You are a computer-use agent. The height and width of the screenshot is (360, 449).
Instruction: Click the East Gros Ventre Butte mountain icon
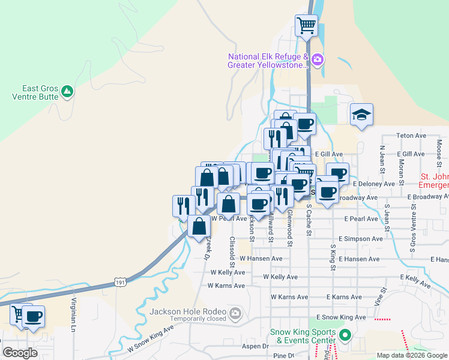click(x=67, y=91)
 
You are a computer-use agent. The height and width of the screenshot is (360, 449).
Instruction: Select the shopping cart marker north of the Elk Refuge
click(x=306, y=26)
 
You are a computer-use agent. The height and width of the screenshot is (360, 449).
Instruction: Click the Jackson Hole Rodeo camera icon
click(x=236, y=312)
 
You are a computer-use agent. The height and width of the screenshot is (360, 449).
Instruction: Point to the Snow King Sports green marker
click(x=345, y=335)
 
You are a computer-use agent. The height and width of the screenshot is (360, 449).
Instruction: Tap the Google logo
click(x=20, y=353)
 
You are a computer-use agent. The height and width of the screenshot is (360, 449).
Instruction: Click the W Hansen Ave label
click(x=261, y=259)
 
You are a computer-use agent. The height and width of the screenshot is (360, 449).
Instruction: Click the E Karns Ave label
click(x=346, y=297)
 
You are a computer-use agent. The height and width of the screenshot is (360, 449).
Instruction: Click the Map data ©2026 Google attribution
click(x=411, y=355)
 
